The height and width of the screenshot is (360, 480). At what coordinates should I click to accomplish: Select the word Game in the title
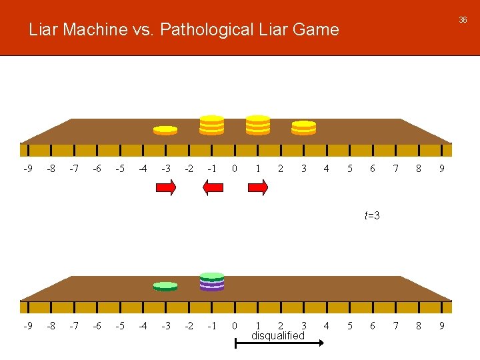[x=319, y=29]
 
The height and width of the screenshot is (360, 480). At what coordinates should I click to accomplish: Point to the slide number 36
[x=463, y=20]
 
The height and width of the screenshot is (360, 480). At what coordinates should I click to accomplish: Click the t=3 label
[x=372, y=215]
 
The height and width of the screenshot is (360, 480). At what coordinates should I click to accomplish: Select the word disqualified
[x=277, y=336]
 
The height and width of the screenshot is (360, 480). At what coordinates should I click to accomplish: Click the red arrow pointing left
[x=212, y=189]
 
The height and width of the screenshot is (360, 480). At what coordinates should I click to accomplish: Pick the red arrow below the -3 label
[x=165, y=189]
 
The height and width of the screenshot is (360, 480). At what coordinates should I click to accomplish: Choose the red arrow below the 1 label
[x=257, y=189]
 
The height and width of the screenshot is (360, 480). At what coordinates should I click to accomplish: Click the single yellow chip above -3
[x=165, y=129]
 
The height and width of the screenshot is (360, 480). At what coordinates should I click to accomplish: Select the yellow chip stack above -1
[x=212, y=125]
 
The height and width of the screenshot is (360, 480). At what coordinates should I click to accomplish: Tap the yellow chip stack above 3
[x=304, y=127]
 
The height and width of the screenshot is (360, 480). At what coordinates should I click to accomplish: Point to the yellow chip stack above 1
[x=258, y=125]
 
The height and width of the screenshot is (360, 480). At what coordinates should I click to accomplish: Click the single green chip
[x=165, y=286]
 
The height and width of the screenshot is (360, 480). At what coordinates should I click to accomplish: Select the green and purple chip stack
[x=212, y=281]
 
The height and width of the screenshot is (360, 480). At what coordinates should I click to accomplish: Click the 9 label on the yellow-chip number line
[x=441, y=169]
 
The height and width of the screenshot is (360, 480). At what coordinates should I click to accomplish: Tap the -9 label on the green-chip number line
[x=27, y=326]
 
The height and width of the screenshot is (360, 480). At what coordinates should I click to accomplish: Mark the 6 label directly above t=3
[x=373, y=169]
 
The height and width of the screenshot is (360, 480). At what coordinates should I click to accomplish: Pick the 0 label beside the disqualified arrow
[x=234, y=326]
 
